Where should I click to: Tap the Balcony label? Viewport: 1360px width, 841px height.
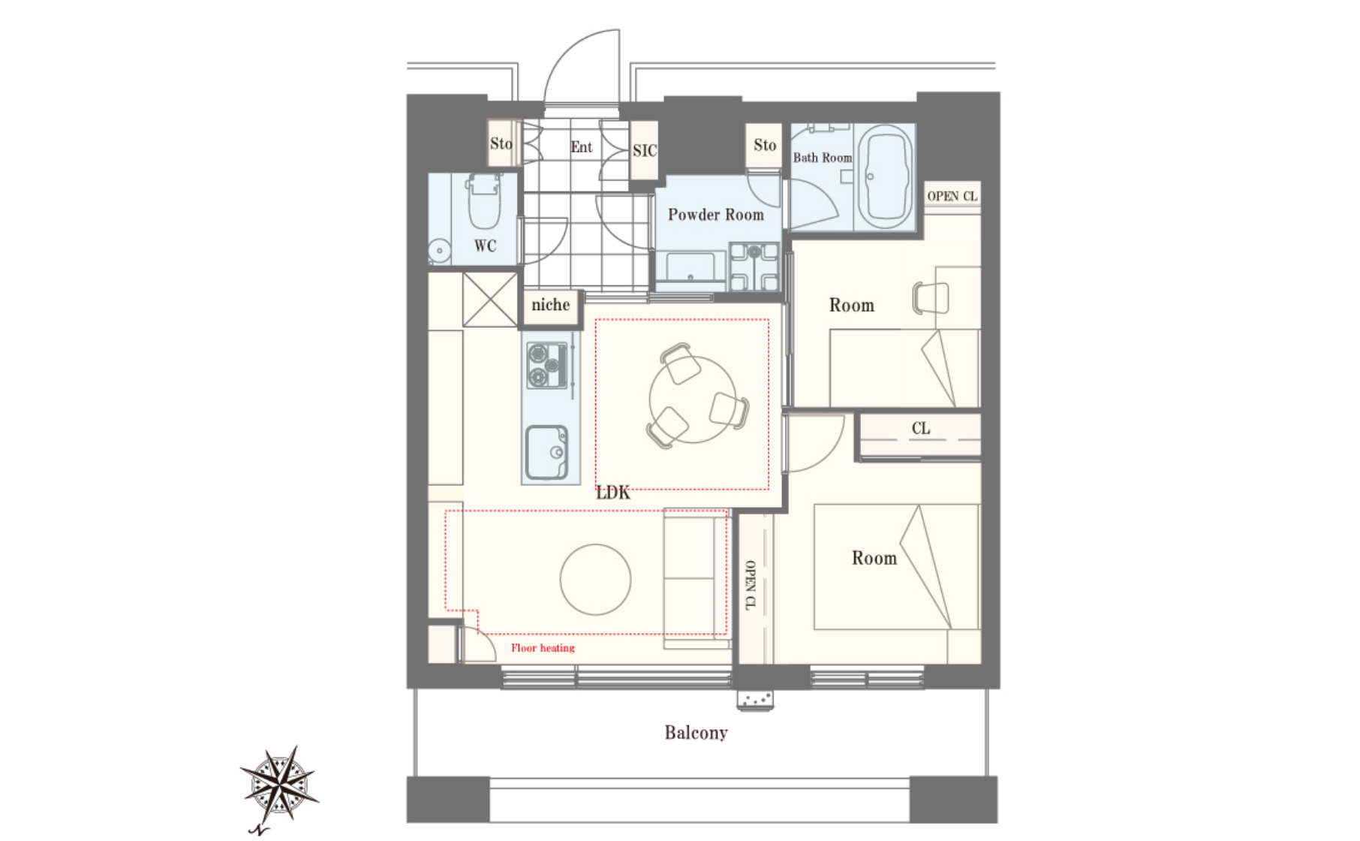(x=696, y=733)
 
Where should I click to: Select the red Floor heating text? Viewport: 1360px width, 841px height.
(x=543, y=648)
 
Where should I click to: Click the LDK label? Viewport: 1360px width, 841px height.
(x=613, y=493)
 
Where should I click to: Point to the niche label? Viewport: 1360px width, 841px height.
(x=550, y=305)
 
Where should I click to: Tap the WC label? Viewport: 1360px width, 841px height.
(x=485, y=246)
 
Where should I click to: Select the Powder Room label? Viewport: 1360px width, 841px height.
(x=716, y=215)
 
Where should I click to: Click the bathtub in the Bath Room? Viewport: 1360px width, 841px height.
(x=886, y=177)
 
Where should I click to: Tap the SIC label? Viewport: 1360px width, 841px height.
(x=645, y=151)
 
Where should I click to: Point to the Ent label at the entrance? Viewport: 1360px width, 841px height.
(x=582, y=147)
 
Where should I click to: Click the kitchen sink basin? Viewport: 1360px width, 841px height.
(x=547, y=453)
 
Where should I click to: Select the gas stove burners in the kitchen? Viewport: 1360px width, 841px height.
(x=547, y=365)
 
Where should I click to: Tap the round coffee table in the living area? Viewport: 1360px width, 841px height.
(x=595, y=580)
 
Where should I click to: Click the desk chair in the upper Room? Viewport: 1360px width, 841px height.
(x=931, y=297)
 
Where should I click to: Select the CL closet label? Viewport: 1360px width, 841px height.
(x=921, y=429)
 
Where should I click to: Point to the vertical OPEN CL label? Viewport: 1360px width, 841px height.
(x=750, y=585)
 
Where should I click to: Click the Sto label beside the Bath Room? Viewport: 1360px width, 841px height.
(x=765, y=145)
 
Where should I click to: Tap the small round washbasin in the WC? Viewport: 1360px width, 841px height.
(x=439, y=250)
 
